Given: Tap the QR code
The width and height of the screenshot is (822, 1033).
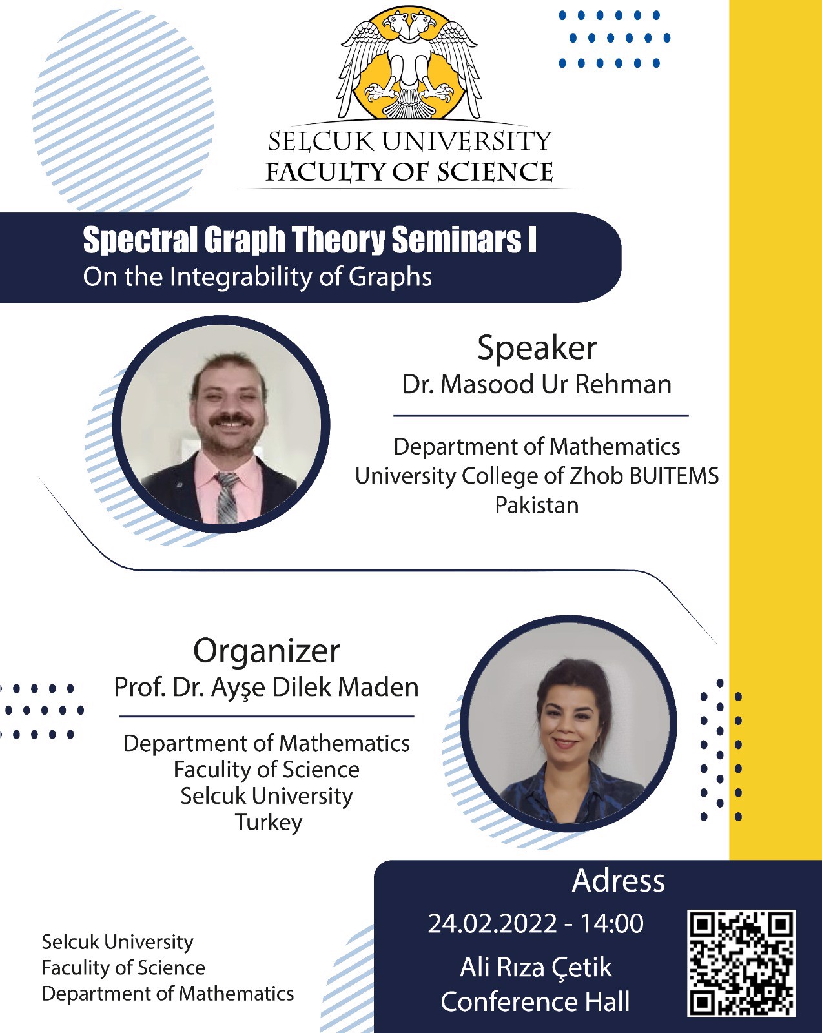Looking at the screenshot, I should click(x=741, y=963).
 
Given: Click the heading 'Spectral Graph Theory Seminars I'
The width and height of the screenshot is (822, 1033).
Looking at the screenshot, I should click(x=309, y=240).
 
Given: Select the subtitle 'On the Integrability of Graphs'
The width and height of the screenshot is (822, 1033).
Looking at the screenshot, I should click(x=257, y=277).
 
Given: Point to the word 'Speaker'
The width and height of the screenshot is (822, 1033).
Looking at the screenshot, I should click(x=537, y=348).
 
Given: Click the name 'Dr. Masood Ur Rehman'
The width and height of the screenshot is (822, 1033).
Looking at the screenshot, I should click(x=537, y=384).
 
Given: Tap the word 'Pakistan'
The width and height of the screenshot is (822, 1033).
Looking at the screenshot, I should click(x=537, y=505).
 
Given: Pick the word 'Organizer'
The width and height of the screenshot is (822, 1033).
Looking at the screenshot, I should click(x=266, y=651).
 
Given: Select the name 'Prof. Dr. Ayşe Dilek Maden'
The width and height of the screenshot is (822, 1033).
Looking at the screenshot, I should click(x=266, y=687).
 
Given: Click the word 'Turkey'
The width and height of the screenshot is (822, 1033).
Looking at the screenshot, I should click(x=268, y=823).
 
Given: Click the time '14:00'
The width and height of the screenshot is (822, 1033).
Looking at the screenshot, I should click(x=611, y=924).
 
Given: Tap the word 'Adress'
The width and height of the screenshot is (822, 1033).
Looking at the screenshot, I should click(x=618, y=881).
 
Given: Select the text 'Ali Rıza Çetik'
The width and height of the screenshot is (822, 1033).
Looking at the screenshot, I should click(x=535, y=967).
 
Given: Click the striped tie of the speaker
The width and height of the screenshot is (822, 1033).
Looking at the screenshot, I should click(x=227, y=497).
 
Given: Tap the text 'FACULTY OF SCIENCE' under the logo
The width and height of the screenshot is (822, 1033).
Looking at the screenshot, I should click(x=409, y=172).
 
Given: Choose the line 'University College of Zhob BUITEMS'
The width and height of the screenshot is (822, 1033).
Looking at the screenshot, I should click(x=537, y=476).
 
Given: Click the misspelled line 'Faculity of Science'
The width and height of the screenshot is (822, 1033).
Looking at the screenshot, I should click(x=266, y=770).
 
